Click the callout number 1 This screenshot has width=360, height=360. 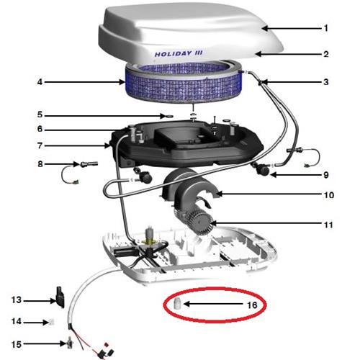coord(325,28)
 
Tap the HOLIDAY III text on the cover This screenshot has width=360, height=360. coord(179,53)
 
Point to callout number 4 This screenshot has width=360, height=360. coord(40,82)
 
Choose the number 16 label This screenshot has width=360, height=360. coord(252,305)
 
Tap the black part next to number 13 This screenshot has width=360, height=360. coord(60,297)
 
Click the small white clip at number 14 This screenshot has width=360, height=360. coord(52,322)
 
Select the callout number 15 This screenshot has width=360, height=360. coord(17,344)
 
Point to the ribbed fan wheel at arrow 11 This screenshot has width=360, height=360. coord(200,221)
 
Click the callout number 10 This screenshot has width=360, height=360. coord(329,195)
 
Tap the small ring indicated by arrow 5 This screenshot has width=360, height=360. coord(169,116)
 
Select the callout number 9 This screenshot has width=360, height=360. coord(325,175)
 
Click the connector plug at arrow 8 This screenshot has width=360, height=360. coord(89,163)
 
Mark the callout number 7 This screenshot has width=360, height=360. coord(40,145)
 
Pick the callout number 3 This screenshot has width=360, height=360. coord(325,82)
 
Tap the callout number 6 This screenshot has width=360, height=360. coord(40,129)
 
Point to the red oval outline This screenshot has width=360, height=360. coord(215,288)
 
